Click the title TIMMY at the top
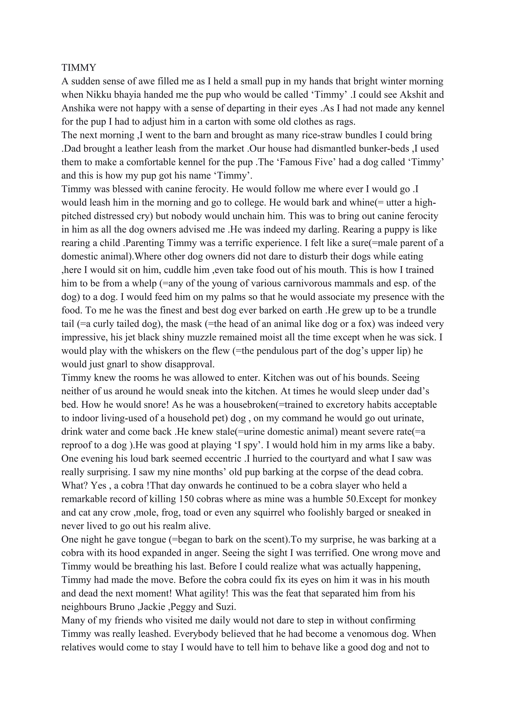pos(79,68)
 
